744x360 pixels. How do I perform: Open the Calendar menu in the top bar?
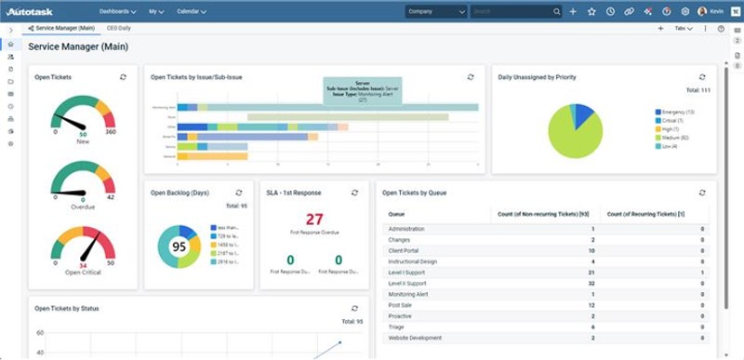tap(191, 12)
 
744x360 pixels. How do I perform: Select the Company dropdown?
tap(435, 12)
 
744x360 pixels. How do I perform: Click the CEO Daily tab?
tap(118, 29)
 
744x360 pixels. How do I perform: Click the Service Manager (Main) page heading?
tap(78, 46)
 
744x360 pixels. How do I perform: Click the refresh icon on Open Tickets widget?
tap(124, 77)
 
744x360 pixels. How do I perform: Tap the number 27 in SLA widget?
tap(314, 220)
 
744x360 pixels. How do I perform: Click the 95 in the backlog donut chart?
tap(179, 247)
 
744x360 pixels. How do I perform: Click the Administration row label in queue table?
tap(405, 229)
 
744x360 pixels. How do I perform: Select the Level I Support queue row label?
tap(407, 273)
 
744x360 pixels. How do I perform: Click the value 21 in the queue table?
tap(591, 273)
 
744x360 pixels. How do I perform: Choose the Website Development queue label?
tap(415, 338)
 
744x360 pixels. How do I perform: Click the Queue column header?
tap(396, 214)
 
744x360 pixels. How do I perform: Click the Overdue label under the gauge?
tap(83, 207)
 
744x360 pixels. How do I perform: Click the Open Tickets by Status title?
tap(67, 308)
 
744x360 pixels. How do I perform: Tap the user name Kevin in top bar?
tap(717, 12)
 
